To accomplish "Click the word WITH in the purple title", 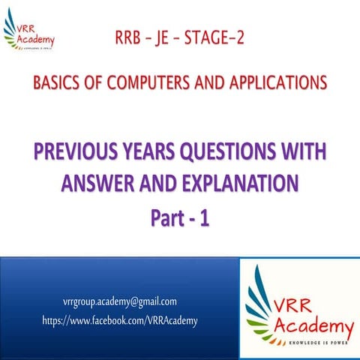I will coord(310,154).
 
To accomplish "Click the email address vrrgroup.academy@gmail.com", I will coord(120,301).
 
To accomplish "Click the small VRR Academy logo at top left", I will coord(32,29).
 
